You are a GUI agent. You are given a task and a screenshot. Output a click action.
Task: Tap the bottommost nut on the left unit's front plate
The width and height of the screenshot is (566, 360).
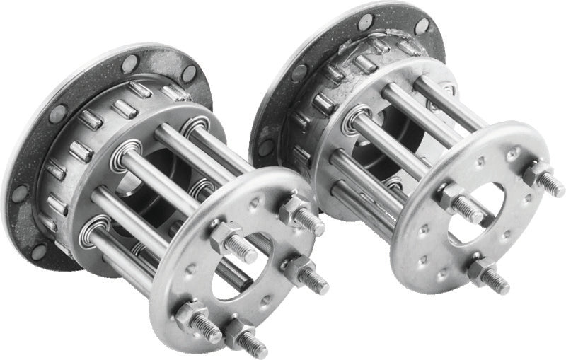pyautogui.click(x=236, y=332)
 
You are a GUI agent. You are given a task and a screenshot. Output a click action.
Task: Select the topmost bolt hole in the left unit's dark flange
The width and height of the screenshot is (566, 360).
pyautogui.click(x=130, y=63)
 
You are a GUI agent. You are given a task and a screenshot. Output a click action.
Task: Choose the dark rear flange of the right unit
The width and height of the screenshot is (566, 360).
pyautogui.click(x=283, y=78)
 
